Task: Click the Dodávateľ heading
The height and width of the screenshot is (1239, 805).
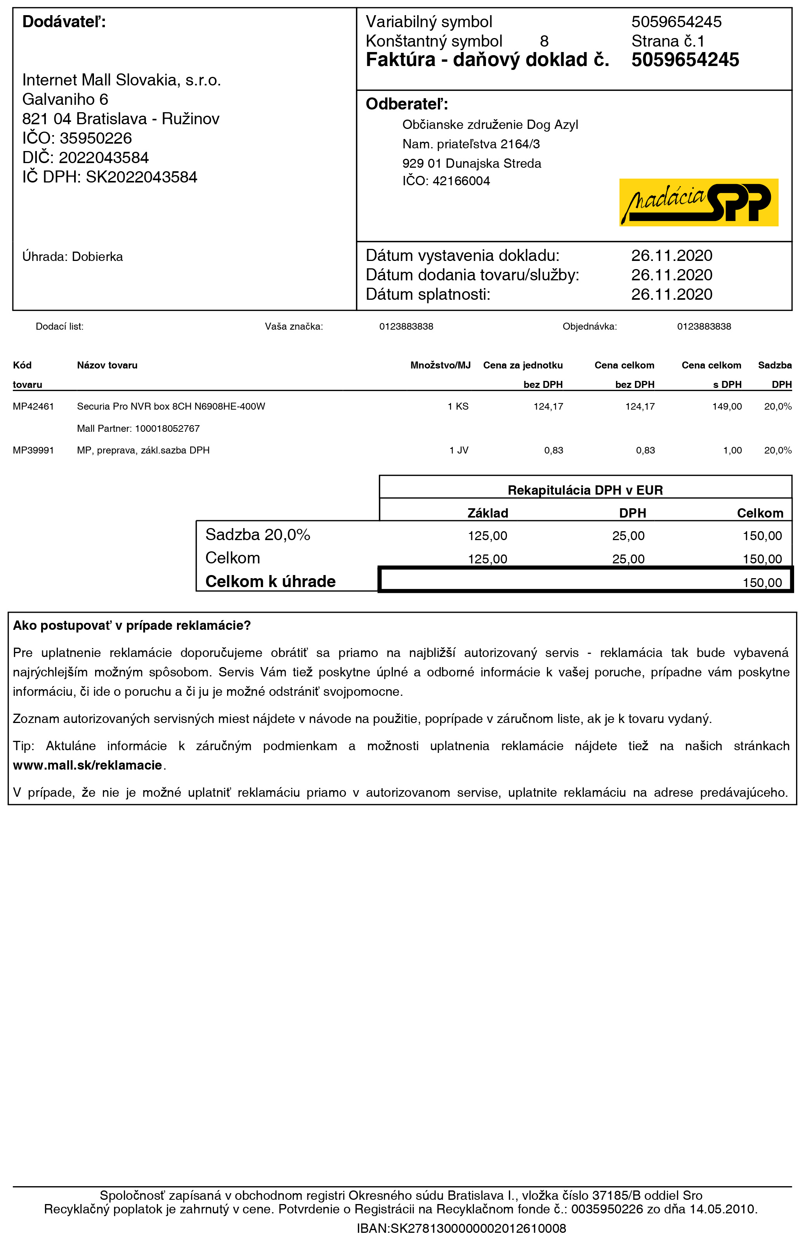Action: tap(64, 22)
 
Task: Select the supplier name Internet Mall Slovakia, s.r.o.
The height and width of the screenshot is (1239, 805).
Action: tap(121, 80)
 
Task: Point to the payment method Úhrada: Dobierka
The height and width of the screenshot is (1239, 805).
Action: tap(72, 257)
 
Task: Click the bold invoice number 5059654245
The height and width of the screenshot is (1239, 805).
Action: tap(685, 60)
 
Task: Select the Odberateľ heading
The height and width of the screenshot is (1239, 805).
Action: tap(406, 104)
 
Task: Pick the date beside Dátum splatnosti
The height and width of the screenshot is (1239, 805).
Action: tap(671, 295)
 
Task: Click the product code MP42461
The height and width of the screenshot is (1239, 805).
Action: tap(33, 407)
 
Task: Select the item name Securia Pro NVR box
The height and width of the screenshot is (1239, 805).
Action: tap(171, 407)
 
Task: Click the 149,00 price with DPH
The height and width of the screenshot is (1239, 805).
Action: tap(727, 407)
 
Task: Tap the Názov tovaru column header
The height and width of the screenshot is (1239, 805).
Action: tap(107, 365)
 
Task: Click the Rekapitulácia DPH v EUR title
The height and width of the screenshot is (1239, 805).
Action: tap(585, 490)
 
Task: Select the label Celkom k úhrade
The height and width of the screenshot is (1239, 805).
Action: tap(270, 582)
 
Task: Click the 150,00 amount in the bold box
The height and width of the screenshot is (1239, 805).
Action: tap(762, 582)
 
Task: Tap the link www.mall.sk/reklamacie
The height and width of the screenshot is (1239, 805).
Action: tap(87, 765)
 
